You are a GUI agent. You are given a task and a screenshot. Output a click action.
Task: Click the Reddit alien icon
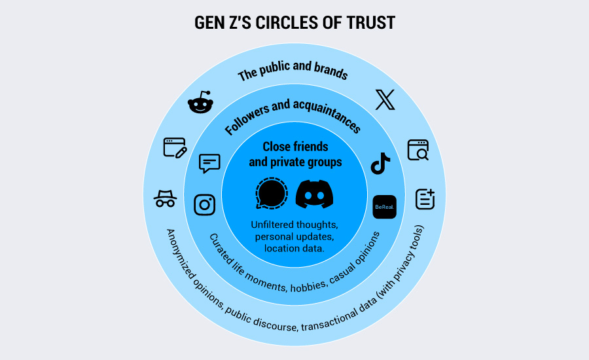pos(200,103)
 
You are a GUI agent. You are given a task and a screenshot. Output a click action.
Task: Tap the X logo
pos(385,99)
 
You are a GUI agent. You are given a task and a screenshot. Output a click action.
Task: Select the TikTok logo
pos(380,164)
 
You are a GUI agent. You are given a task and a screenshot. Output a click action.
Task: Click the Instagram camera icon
pos(205,204)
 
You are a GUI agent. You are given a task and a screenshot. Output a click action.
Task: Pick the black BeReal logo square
pos(384,207)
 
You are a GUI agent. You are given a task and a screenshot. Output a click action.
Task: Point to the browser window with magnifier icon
pos(418,150)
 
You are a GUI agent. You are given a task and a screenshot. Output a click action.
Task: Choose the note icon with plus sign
pos(425,199)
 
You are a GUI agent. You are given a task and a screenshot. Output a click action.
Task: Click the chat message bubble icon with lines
pos(209,163)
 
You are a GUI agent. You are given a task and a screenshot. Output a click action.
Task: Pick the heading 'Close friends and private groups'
pos(295,154)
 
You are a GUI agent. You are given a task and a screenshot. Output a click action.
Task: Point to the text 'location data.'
pos(294,248)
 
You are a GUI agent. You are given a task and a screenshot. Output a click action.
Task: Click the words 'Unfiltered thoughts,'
pos(294,225)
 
